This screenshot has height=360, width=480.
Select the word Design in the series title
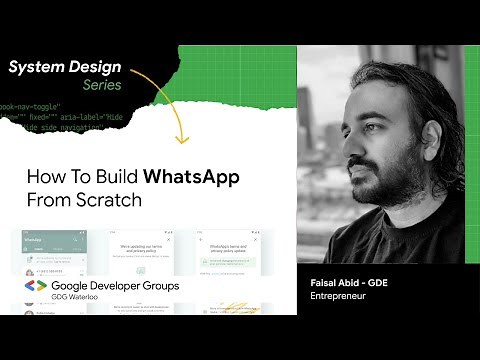(96, 68)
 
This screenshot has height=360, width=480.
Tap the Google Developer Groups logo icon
(35, 286)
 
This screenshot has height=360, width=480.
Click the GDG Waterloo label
(80, 298)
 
